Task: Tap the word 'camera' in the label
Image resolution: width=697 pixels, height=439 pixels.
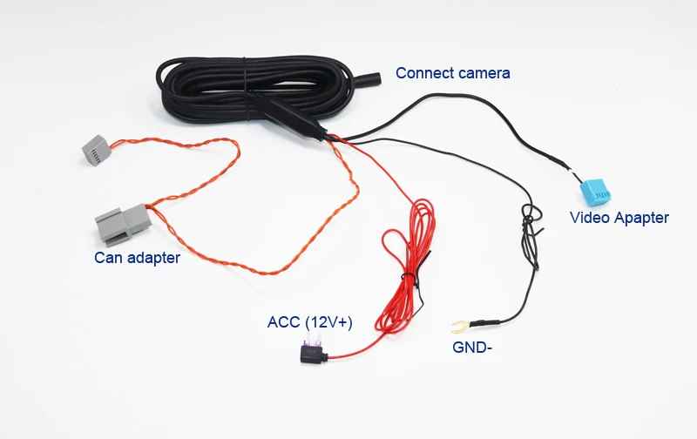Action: (484, 73)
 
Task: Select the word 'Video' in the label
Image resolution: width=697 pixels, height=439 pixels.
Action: (589, 218)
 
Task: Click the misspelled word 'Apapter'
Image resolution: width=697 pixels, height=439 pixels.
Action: (640, 218)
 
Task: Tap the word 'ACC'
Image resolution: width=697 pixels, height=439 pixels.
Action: (283, 322)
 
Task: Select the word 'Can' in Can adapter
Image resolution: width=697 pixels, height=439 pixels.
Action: (108, 257)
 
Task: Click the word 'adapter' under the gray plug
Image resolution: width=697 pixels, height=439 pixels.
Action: (152, 257)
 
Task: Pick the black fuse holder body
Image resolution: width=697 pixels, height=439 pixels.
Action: (309, 355)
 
